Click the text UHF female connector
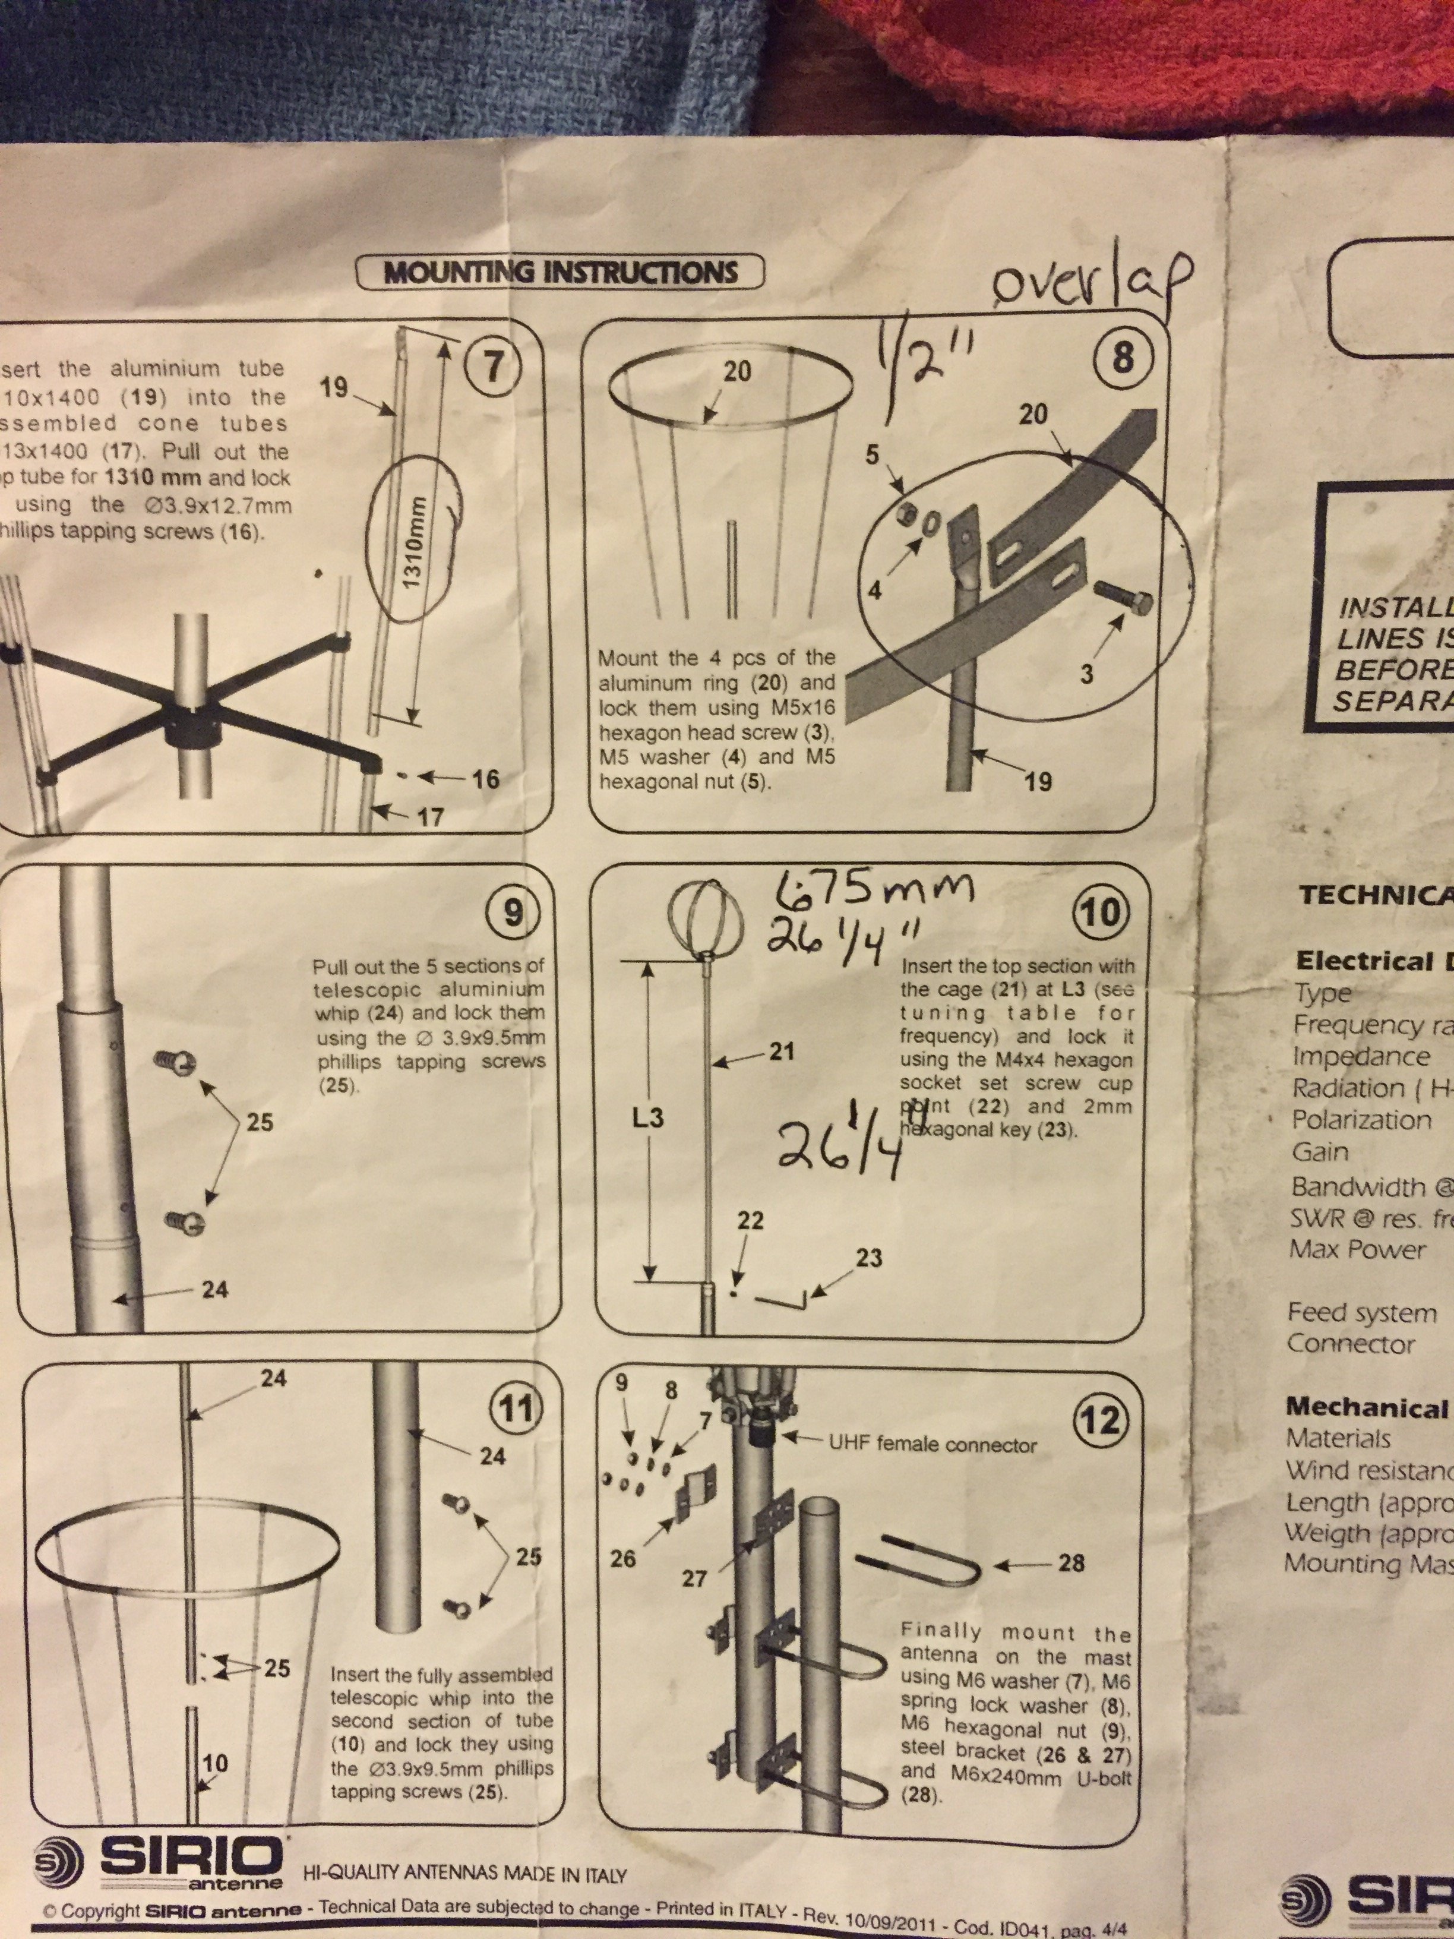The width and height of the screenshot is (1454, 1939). click(933, 1445)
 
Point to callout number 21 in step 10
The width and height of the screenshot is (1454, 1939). click(781, 1051)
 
